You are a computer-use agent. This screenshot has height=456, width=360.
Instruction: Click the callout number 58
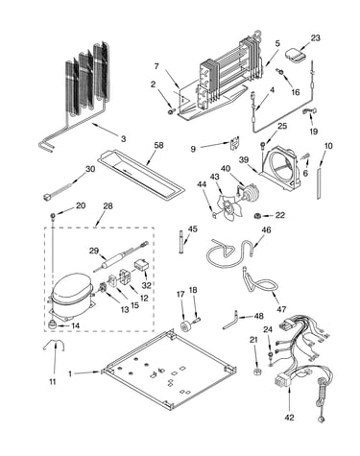pos(158,145)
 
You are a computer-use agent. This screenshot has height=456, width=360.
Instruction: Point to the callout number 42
pos(289,417)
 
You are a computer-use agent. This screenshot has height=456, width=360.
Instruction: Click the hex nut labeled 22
pos(257,216)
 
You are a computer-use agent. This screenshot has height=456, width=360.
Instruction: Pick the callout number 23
pos(315,37)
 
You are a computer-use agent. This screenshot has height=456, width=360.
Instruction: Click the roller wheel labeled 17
pos(185,325)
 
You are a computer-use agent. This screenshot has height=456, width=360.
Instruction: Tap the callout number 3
pos(124,139)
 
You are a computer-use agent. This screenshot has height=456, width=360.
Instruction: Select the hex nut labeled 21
pos(256,372)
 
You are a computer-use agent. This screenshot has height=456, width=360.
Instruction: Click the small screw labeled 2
pos(171,111)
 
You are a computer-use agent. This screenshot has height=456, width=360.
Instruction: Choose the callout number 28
pos(108,206)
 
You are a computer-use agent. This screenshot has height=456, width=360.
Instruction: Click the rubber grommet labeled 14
pos(52,324)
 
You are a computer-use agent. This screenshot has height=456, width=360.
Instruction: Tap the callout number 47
pos(281,309)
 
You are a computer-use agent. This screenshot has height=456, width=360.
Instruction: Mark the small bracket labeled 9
pos(234,143)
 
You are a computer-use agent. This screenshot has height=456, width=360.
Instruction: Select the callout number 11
pos(53,381)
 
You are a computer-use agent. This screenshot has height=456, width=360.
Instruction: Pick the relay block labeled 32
pos(140,265)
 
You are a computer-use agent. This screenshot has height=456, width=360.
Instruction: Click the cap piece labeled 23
pos(295,54)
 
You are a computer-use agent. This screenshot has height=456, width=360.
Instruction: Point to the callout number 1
pos(70,373)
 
